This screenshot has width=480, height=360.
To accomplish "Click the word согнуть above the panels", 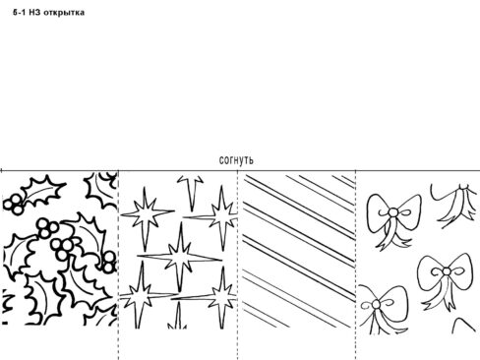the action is (x=236, y=160).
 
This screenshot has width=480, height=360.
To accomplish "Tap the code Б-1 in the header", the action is (x=20, y=13).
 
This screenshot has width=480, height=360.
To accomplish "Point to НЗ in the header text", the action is (x=34, y=13).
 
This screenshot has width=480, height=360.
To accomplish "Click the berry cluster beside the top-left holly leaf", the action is (x=14, y=204).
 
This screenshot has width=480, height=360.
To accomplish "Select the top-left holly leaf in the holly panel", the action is (x=43, y=191).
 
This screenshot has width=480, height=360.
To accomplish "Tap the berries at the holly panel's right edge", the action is (x=108, y=262).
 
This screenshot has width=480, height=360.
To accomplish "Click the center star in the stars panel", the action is (x=180, y=257).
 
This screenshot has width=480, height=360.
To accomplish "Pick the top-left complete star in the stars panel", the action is (x=146, y=213).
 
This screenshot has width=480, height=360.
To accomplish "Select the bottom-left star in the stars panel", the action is (x=142, y=295).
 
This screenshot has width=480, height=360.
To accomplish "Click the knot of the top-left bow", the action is (x=392, y=212).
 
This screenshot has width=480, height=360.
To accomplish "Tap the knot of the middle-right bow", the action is (x=447, y=271).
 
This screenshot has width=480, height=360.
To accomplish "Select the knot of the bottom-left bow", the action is (x=376, y=305).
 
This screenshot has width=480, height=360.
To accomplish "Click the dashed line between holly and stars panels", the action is (x=118, y=265).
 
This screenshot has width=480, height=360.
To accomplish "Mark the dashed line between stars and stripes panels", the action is (x=238, y=265).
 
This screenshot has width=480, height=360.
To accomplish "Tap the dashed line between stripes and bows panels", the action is (x=356, y=265).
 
